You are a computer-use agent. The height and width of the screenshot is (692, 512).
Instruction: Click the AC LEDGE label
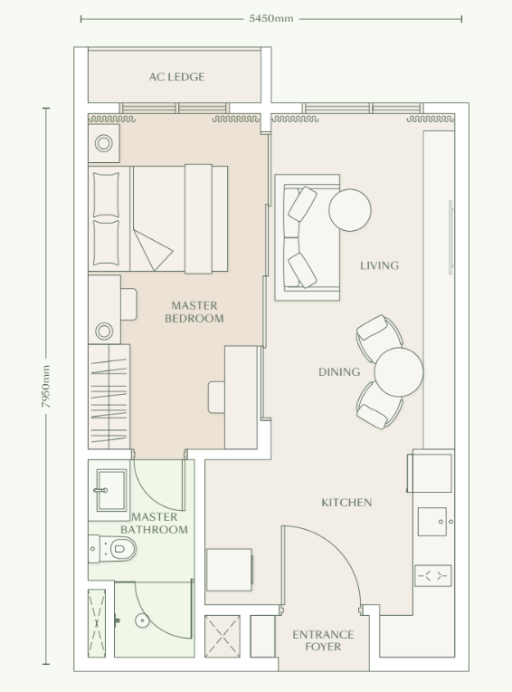pos(176,77)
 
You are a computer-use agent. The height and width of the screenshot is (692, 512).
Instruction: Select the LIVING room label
pos(379,265)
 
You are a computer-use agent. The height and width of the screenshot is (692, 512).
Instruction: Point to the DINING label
pos(339,371)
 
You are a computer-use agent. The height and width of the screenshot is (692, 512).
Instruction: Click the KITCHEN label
pos(346,502)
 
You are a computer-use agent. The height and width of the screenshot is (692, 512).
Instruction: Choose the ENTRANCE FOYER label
pos(323,640)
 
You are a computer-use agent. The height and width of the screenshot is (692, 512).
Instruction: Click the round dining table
pos(399,372)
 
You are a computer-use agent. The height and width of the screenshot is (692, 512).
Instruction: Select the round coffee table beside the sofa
pos(349,210)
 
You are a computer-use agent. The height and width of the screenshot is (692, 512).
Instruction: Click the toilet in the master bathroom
pos(117,548)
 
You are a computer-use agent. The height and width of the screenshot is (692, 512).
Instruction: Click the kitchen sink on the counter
pos(432,522)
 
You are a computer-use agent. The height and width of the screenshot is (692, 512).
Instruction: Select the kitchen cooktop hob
pos(432,575)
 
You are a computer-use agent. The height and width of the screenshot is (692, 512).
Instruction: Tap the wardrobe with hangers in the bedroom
pos(109,396)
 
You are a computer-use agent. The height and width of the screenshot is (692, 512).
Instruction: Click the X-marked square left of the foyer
pos(223,635)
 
